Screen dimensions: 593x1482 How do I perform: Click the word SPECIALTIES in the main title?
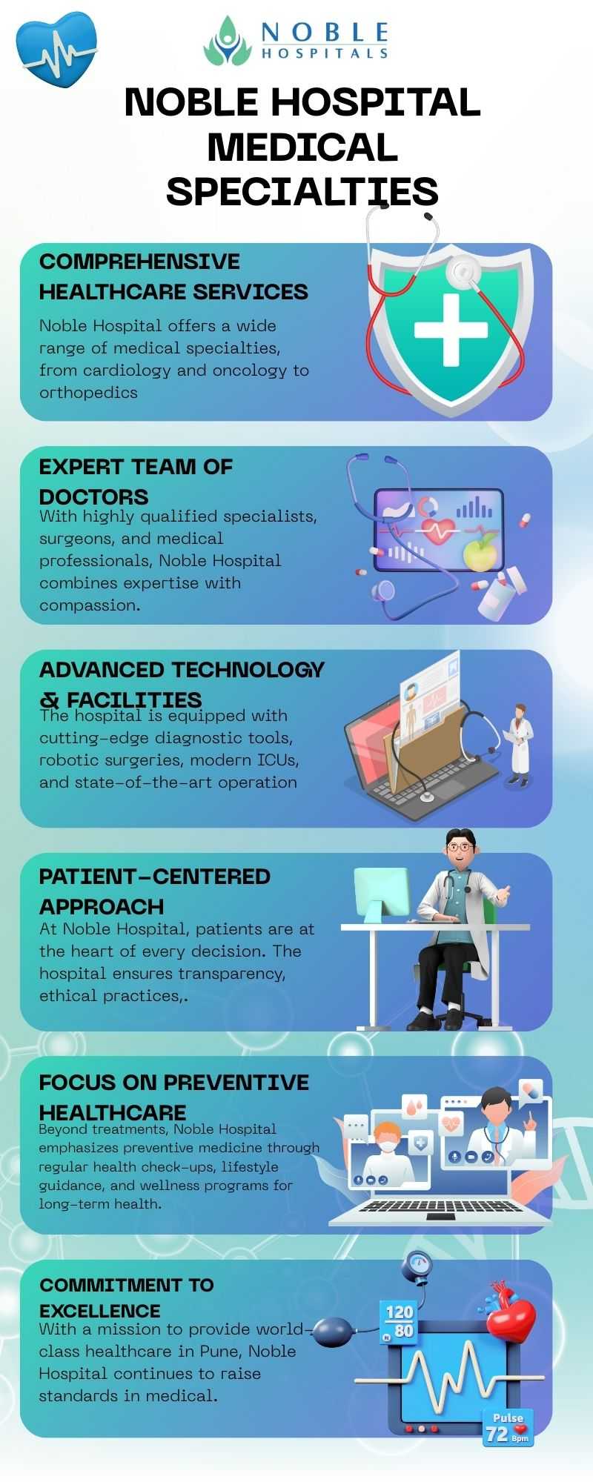(x=302, y=191)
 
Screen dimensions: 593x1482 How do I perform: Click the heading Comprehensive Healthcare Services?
(x=173, y=276)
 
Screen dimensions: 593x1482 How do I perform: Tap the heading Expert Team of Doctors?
(x=136, y=482)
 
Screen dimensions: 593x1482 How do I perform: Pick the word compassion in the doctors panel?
(x=79, y=606)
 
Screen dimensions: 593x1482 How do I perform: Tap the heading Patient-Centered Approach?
(x=155, y=891)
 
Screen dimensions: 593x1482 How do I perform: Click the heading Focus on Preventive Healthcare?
(x=174, y=1097)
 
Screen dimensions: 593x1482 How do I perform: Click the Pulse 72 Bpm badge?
(x=508, y=1427)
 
